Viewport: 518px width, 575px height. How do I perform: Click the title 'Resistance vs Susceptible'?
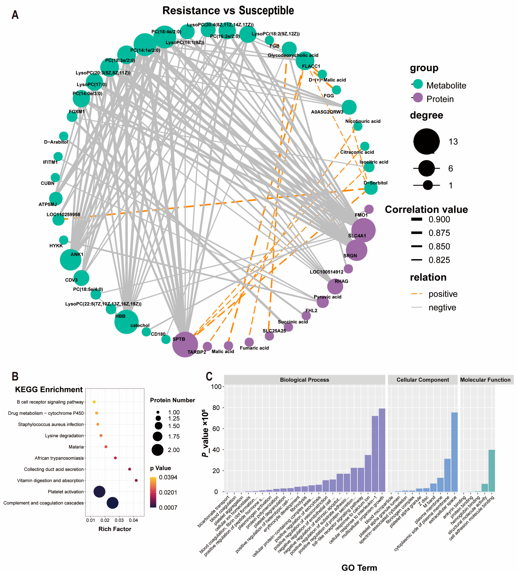click(228, 11)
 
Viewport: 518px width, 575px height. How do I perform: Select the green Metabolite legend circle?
click(418, 84)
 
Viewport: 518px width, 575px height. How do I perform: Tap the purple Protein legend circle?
click(418, 98)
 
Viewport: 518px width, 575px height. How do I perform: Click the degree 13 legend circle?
click(426, 141)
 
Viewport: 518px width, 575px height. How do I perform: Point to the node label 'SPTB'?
click(179, 339)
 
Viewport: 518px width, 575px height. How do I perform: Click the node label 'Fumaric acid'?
click(254, 348)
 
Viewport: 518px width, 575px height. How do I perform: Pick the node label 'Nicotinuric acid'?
click(363, 121)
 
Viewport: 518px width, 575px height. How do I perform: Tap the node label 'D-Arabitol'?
click(56, 142)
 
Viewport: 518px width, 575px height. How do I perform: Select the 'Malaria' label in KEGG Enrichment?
click(76, 447)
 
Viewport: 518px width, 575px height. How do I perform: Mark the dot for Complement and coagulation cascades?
click(112, 503)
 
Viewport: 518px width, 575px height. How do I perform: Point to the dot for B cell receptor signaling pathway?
click(94, 402)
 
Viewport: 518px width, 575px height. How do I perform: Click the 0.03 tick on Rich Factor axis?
click(119, 520)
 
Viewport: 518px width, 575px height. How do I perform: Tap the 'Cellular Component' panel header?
click(423, 380)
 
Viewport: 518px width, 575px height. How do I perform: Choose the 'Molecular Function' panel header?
click(485, 380)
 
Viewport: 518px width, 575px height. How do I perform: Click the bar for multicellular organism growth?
click(382, 450)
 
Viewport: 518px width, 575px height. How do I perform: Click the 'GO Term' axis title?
click(359, 568)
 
